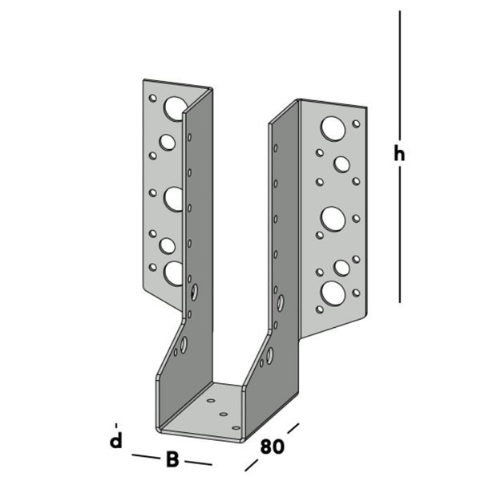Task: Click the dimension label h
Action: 398,155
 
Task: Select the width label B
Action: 172,459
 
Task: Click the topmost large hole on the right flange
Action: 333,127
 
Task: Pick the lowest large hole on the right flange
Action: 332,293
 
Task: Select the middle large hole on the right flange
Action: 333,218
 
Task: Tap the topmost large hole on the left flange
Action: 175,107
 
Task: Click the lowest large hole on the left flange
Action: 174,273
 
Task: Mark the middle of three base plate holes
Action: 224,413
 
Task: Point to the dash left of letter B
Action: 144,457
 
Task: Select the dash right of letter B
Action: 200,463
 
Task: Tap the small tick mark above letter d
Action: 116,424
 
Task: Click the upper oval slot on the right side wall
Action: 280,303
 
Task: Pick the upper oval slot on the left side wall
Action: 193,291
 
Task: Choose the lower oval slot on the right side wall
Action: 269,355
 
